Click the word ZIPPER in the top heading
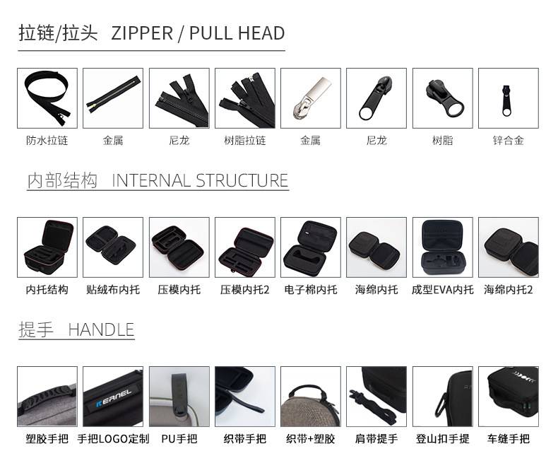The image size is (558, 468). pyautogui.click(x=143, y=33)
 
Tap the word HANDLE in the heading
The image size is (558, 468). pyautogui.click(x=101, y=330)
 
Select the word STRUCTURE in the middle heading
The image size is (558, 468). pyautogui.click(x=242, y=180)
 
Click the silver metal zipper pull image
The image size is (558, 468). pyautogui.click(x=311, y=98)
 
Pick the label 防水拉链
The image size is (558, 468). pyautogui.click(x=47, y=140)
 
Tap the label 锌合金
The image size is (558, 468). pyautogui.click(x=508, y=140)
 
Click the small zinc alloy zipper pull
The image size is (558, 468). pyautogui.click(x=506, y=101)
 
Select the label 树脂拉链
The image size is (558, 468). pyautogui.click(x=245, y=140)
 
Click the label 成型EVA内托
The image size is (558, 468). pyautogui.click(x=443, y=290)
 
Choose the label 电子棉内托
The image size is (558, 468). pyautogui.click(x=311, y=290)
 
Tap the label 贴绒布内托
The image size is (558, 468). pyautogui.click(x=113, y=290)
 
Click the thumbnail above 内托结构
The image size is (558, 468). pyautogui.click(x=47, y=247)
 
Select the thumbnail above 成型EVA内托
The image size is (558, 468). pyautogui.click(x=443, y=247)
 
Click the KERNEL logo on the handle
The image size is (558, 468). pyautogui.click(x=114, y=398)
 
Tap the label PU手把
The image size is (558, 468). pyautogui.click(x=179, y=439)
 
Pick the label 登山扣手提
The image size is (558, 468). pyautogui.click(x=443, y=439)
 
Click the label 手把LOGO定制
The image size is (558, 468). pyautogui.click(x=113, y=439)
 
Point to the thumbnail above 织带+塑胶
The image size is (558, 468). pyautogui.click(x=311, y=397)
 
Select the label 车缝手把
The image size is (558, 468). pyautogui.click(x=508, y=439)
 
